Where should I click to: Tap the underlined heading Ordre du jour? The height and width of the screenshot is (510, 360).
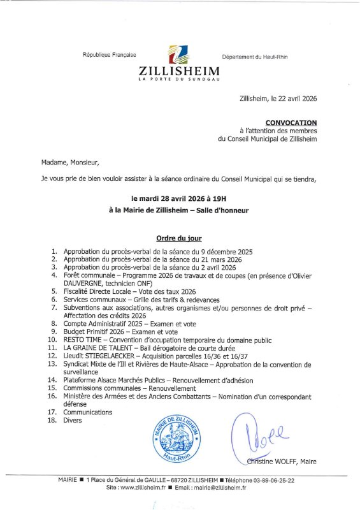point(179,238)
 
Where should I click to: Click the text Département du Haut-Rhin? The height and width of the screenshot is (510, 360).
point(255,57)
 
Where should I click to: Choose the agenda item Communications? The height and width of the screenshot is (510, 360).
point(87,412)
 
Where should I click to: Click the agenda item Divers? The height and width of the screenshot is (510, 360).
point(73,421)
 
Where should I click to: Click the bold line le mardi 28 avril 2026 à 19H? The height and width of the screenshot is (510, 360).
point(179,198)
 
